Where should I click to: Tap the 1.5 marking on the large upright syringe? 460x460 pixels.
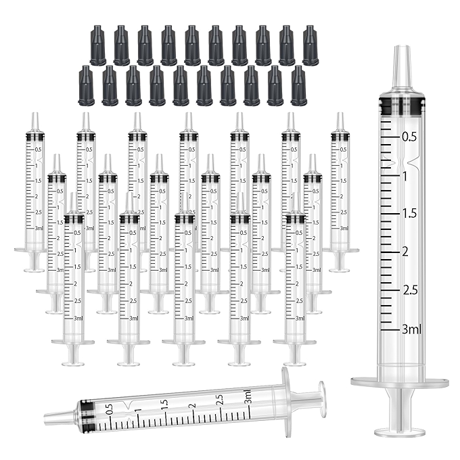409,214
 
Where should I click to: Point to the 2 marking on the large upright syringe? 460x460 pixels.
406,252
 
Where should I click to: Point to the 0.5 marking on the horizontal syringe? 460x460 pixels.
110,410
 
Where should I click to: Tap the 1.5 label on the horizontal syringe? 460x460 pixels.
164,405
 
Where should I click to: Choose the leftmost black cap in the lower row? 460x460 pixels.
86,86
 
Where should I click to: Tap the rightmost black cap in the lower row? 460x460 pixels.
298,86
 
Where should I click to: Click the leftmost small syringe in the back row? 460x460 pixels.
34,189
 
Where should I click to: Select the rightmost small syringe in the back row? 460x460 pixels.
340,189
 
